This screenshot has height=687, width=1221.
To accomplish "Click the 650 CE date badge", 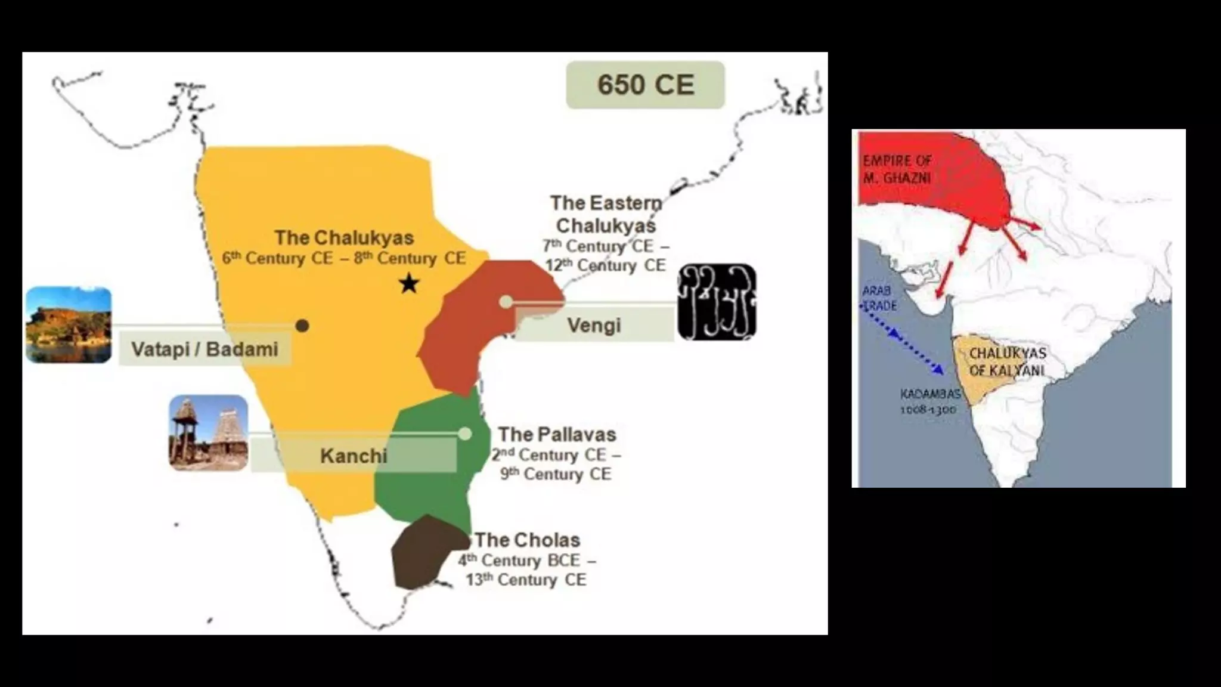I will coord(645,85).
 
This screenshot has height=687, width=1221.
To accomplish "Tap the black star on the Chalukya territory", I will coord(409,283).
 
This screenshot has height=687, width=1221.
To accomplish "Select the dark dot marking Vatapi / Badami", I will coord(302,326).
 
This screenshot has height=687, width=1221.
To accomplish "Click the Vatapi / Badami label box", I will coord(204,349).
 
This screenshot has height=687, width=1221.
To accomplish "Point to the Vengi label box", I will coord(594,325).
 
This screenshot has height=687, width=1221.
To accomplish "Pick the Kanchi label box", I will coord(354,456).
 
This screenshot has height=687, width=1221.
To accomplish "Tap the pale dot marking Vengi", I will coord(506,302).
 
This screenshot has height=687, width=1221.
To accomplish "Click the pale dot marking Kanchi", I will coord(465,434).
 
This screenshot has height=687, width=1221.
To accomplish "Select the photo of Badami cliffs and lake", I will coord(69,325).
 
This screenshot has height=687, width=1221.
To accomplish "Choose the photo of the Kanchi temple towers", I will coord(208,433).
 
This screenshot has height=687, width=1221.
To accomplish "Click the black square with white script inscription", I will coord(717,302).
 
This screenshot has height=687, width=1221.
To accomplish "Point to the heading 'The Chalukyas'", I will coord(344,238).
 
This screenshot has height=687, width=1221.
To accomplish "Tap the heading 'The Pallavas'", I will coord(557,434).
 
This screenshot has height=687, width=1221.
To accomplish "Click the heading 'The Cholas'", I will coord(528,540).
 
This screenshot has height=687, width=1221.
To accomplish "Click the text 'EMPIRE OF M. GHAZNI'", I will coord(897,169).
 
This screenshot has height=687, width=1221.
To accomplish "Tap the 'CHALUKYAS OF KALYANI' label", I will coord(1007,362).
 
